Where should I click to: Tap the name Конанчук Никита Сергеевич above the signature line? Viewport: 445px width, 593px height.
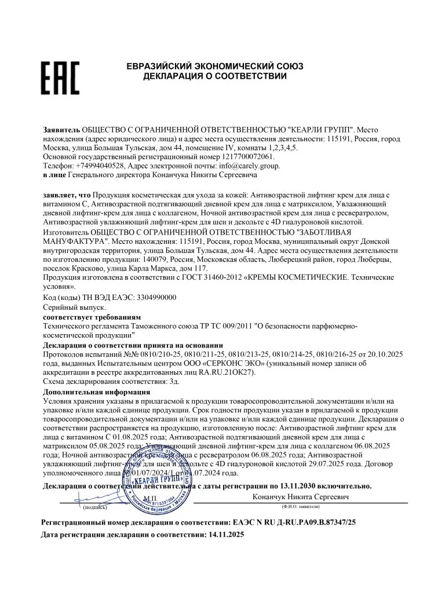[301, 497]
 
